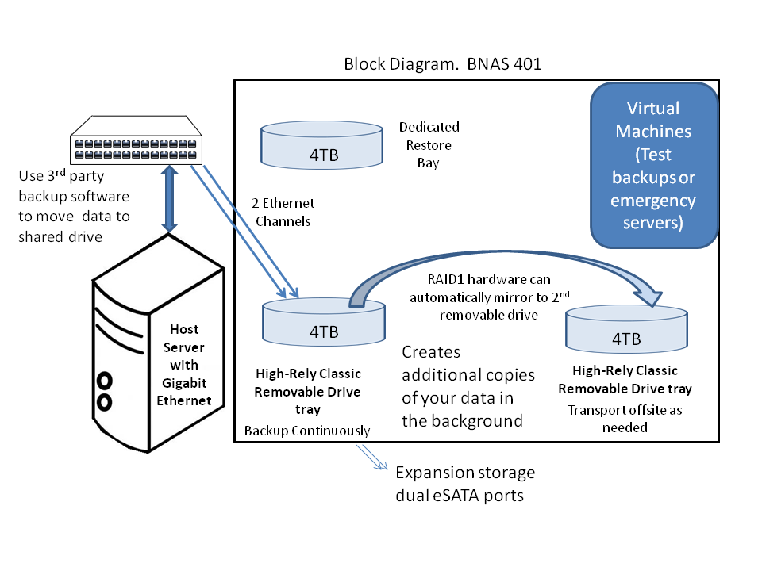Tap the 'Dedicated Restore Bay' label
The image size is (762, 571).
429,145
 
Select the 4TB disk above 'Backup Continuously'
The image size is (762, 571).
323,325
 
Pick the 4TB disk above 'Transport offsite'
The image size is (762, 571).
626,333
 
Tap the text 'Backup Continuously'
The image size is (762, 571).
307,431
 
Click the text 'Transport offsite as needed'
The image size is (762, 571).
625,419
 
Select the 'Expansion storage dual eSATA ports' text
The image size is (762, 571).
465,484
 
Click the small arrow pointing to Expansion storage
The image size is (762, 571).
372,458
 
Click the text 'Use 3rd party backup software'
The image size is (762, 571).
74,195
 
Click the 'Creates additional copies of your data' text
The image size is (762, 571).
468,386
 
